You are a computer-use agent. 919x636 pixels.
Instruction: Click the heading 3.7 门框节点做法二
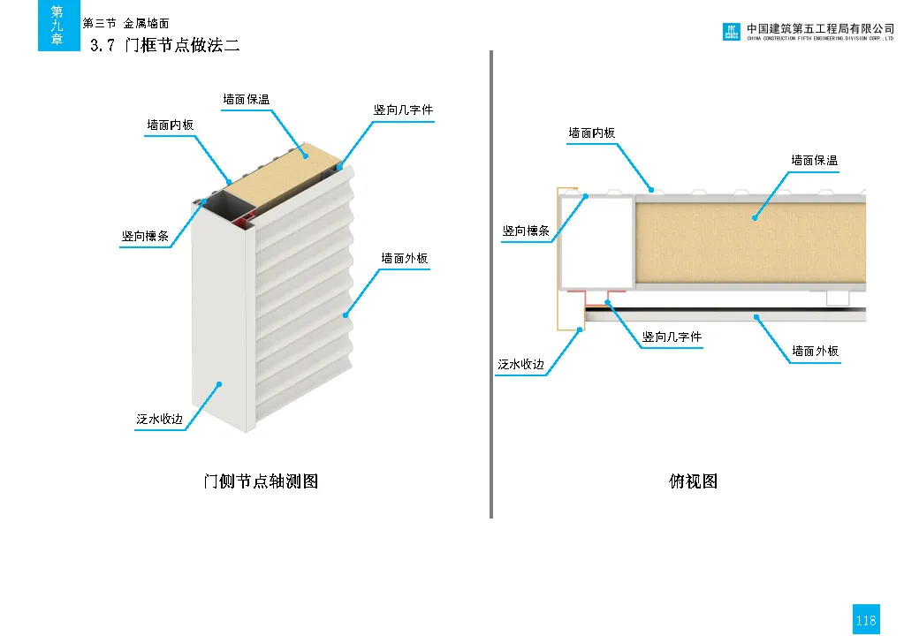click(165, 45)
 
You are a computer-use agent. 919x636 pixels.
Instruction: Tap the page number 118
click(866, 619)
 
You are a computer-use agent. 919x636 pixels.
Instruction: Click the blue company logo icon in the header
click(731, 32)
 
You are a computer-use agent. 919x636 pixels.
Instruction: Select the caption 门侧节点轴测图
click(261, 481)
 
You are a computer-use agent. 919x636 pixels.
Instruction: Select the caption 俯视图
click(694, 481)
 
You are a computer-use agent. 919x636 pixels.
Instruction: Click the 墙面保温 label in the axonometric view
click(247, 100)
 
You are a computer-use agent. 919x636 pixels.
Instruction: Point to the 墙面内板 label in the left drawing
click(170, 125)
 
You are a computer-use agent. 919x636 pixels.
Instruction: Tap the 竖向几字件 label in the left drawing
click(403, 110)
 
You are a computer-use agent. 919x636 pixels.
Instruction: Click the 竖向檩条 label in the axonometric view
click(145, 236)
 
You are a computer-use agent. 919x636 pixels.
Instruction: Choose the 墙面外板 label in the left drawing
click(405, 258)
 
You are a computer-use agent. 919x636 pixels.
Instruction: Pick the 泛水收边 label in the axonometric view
click(159, 420)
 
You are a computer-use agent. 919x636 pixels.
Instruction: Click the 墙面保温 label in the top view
click(814, 161)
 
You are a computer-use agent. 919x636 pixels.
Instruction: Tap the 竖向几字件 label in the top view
click(672, 337)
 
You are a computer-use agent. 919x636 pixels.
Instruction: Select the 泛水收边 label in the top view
click(520, 364)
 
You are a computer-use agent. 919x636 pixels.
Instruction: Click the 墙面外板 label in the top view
click(816, 352)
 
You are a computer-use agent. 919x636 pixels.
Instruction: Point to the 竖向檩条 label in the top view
click(526, 231)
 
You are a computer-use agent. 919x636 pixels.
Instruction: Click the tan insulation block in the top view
click(751, 243)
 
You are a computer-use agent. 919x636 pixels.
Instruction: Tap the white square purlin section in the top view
click(596, 242)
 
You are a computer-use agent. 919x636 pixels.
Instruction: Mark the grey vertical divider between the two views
click(491, 284)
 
